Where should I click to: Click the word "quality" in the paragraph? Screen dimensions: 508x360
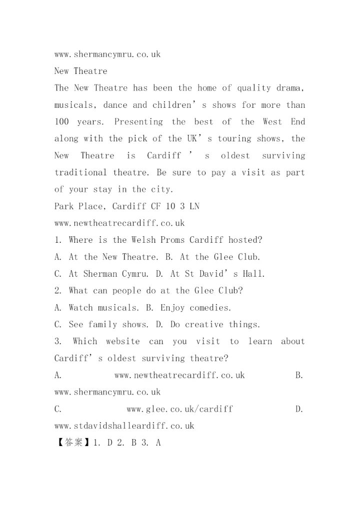[254, 88]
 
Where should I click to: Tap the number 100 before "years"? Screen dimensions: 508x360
[61, 122]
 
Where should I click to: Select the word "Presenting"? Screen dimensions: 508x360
[138, 122]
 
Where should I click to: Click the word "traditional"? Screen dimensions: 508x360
[80, 173]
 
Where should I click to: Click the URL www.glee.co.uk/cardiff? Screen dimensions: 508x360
[179, 409]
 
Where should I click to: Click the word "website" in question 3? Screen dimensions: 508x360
[122, 342]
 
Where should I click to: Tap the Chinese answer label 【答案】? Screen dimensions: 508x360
[72, 443]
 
